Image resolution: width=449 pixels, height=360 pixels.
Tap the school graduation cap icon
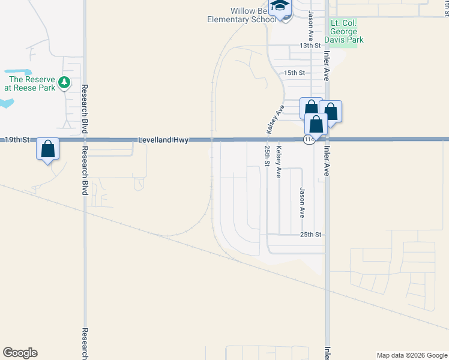[x=279, y=7]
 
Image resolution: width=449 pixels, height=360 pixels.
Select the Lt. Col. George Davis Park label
[x=348, y=31]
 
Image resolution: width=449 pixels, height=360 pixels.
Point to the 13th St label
[x=310, y=46]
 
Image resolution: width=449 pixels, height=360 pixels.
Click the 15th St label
[x=295, y=73]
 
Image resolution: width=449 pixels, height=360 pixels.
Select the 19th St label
[x=17, y=139]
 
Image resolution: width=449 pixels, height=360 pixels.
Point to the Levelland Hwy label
[x=163, y=140]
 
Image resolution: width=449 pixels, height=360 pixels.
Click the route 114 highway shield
[x=308, y=140]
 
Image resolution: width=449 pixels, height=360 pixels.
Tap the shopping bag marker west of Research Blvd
[x=48, y=148]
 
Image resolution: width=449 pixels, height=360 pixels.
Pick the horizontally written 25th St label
[x=311, y=234]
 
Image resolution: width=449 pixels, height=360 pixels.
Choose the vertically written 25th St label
[x=266, y=155]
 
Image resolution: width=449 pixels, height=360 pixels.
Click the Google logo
[x=20, y=353]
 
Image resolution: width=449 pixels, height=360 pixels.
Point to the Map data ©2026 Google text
[x=412, y=355]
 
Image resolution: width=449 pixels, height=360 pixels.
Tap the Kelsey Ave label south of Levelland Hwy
[x=279, y=160]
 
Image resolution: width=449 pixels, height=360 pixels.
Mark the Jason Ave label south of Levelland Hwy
[x=302, y=202]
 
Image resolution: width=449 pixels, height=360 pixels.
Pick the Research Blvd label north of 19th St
[x=83, y=108]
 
